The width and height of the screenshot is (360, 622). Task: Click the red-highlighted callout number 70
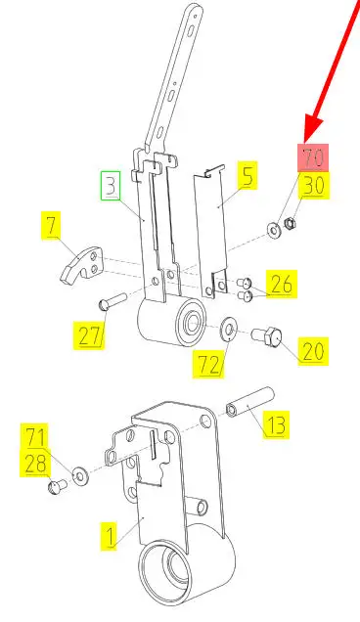(314, 157)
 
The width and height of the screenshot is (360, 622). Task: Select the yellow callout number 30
(314, 185)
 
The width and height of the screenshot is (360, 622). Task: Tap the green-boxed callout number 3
(111, 186)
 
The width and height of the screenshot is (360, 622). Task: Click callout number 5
(247, 175)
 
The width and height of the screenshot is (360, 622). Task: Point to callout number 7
(52, 225)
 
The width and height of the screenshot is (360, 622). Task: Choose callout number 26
(282, 284)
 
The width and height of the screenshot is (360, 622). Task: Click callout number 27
(90, 334)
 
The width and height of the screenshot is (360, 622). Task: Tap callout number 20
(313, 351)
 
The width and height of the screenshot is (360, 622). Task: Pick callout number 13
(276, 424)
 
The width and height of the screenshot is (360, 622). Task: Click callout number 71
(36, 437)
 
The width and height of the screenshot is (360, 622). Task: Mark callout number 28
(36, 464)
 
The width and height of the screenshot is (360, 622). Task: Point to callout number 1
(110, 536)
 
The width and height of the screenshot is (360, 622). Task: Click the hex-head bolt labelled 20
(267, 336)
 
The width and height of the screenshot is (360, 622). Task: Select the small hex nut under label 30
(291, 225)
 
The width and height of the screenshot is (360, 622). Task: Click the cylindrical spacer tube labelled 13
(250, 402)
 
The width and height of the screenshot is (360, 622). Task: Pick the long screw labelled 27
(112, 301)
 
